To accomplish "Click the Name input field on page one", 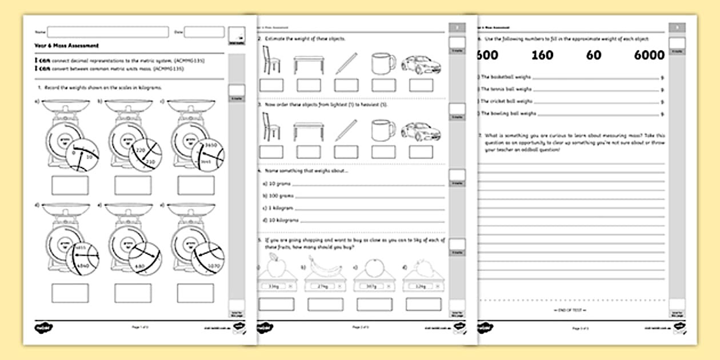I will click(108, 32).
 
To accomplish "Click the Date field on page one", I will click(204, 32).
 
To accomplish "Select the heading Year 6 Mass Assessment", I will click(59, 46).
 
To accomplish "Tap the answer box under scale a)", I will click(70, 185).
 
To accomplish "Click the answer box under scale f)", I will click(195, 293).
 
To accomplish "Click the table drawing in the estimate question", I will click(309, 64).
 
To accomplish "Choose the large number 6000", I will click(649, 55).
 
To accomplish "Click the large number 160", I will click(542, 55).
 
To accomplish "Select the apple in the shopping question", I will click(276, 265).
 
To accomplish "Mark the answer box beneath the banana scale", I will click(325, 304).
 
